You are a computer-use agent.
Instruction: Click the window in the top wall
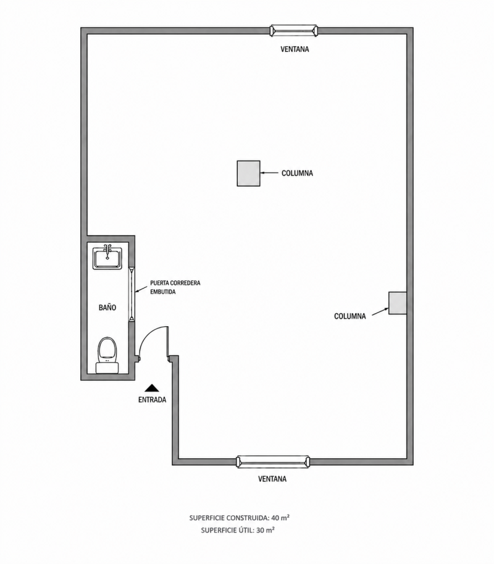(x=294, y=30)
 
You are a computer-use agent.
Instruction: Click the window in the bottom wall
(x=273, y=462)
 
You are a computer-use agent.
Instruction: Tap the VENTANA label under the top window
(x=295, y=49)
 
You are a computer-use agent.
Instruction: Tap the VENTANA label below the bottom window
(x=272, y=479)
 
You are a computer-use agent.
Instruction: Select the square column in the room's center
(x=248, y=174)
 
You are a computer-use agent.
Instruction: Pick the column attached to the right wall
(x=398, y=303)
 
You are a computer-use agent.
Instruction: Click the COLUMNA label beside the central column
(x=297, y=173)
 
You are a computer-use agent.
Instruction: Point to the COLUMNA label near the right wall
(x=350, y=316)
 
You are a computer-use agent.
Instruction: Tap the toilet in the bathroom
(x=107, y=355)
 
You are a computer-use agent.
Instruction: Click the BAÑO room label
(x=107, y=308)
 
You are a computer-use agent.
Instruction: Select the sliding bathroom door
(x=132, y=293)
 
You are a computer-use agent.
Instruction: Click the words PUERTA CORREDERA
(x=175, y=283)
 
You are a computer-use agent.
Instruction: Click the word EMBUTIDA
(x=163, y=292)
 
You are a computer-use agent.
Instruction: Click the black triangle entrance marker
(x=153, y=388)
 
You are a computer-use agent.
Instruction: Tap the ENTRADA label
(x=152, y=400)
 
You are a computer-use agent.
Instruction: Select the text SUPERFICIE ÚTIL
(x=227, y=530)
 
